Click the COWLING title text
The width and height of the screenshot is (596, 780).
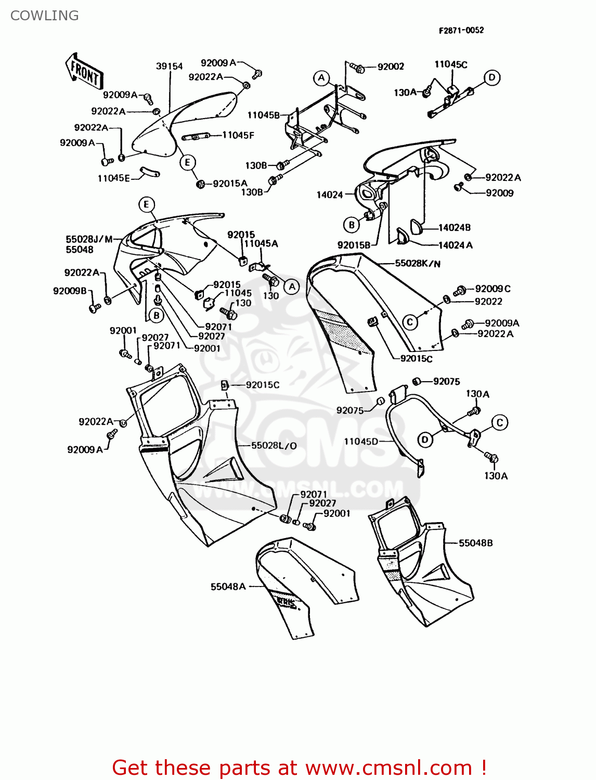[x=45, y=16]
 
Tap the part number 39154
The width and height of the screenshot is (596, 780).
[x=169, y=66]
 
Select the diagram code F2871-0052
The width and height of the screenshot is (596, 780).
[x=461, y=30]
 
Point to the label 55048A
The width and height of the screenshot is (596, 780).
[x=228, y=587]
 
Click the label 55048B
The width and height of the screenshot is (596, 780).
[x=475, y=543]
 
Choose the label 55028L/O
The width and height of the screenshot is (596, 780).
[x=274, y=446]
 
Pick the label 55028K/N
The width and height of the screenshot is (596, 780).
[x=418, y=264]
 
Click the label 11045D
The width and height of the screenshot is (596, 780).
[x=361, y=441]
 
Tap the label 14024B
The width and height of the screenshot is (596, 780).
[x=454, y=227]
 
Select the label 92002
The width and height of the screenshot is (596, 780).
[x=391, y=67]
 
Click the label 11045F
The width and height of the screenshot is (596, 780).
[x=238, y=135]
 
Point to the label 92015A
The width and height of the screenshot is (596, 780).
[x=230, y=184]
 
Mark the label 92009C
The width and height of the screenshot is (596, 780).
[x=493, y=289]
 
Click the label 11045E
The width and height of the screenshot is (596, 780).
[x=113, y=178]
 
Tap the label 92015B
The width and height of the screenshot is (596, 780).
[x=354, y=245]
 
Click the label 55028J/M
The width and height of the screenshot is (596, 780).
[x=89, y=239]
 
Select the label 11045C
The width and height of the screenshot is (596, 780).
[x=451, y=64]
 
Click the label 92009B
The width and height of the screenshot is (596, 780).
[x=70, y=291]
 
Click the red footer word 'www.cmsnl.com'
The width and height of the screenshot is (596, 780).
[x=388, y=768]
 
